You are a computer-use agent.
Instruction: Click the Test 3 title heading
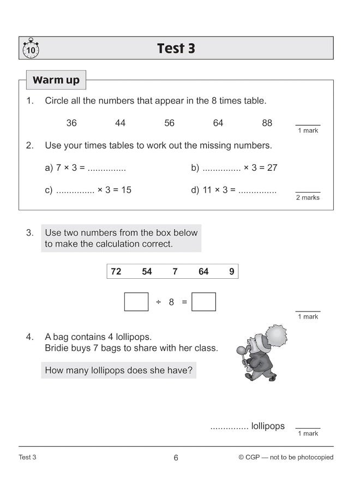pos(176,49)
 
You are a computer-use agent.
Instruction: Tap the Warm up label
pos(56,80)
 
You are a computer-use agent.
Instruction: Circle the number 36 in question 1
pos(71,123)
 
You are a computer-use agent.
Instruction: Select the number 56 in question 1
pos(169,123)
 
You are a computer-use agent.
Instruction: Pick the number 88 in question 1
pos(267,123)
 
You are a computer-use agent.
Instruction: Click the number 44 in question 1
pos(120,123)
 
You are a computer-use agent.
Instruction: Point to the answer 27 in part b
pos(272,168)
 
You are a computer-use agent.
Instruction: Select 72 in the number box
pos(116,272)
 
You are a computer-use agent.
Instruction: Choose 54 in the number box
pos(147,272)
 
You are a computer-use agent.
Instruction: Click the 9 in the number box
pos(232,272)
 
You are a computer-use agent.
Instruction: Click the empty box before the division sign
pos(136,302)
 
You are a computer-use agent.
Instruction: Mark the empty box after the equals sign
pos(203,302)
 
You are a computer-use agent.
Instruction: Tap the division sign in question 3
pos(159,302)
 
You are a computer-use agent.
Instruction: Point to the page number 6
pos(176,458)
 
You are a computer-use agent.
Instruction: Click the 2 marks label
pos(308,197)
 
